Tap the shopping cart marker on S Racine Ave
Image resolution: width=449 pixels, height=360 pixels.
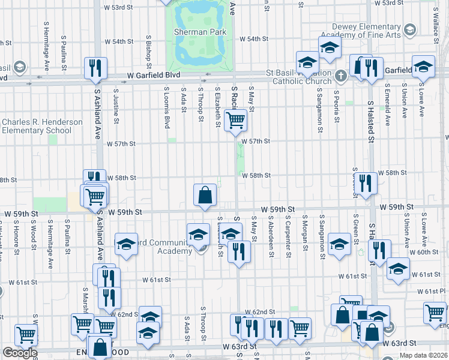[x=235, y=119]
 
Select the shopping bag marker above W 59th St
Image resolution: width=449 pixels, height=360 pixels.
[x=205, y=194]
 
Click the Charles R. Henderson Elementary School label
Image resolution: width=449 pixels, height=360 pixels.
[x=41, y=126]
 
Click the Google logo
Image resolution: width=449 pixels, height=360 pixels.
[x=20, y=353]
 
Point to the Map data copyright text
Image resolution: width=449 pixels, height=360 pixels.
[x=423, y=355]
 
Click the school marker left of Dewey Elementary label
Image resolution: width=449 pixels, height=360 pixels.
[x=329, y=48]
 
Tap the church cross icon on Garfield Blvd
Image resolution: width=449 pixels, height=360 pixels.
[x=341, y=76]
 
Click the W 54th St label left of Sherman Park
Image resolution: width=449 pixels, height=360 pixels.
[x=119, y=41]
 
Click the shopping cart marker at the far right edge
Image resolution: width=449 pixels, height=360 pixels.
[x=435, y=312]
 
